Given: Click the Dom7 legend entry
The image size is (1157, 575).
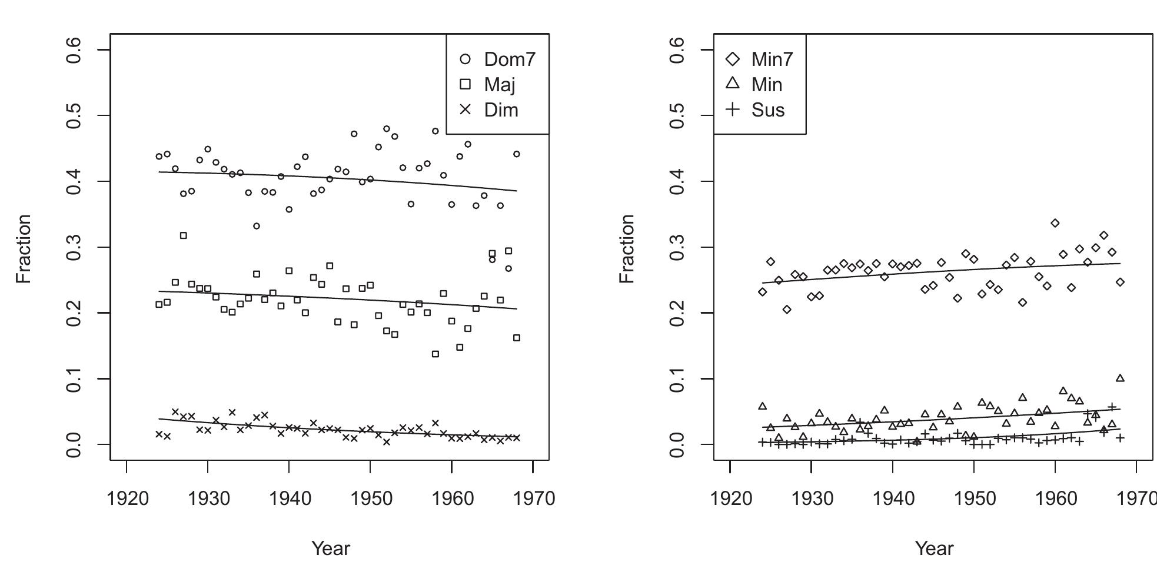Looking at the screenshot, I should point(497,59).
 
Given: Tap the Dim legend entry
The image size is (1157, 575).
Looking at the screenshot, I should point(488,110).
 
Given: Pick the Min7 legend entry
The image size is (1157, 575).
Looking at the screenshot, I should point(760,59).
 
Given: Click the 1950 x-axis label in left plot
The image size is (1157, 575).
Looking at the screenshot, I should point(370,498).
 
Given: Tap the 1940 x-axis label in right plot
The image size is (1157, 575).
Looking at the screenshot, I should point(893,498).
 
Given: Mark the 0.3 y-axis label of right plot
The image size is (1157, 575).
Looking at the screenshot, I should point(679,247).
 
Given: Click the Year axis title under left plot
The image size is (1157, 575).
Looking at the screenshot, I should point(331,548).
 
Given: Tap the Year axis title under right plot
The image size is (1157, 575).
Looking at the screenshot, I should point(934,548).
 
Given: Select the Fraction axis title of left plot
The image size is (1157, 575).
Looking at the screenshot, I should point(24,248).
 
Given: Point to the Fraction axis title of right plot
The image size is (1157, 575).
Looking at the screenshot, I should point(627,248).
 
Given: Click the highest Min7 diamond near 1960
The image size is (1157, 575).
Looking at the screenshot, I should point(1055,223).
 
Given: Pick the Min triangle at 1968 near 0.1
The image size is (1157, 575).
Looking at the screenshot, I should point(1120,378).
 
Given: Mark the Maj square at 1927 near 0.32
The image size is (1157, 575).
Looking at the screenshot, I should point(183,235).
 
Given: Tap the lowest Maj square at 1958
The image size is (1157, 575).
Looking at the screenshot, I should point(435,354).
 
